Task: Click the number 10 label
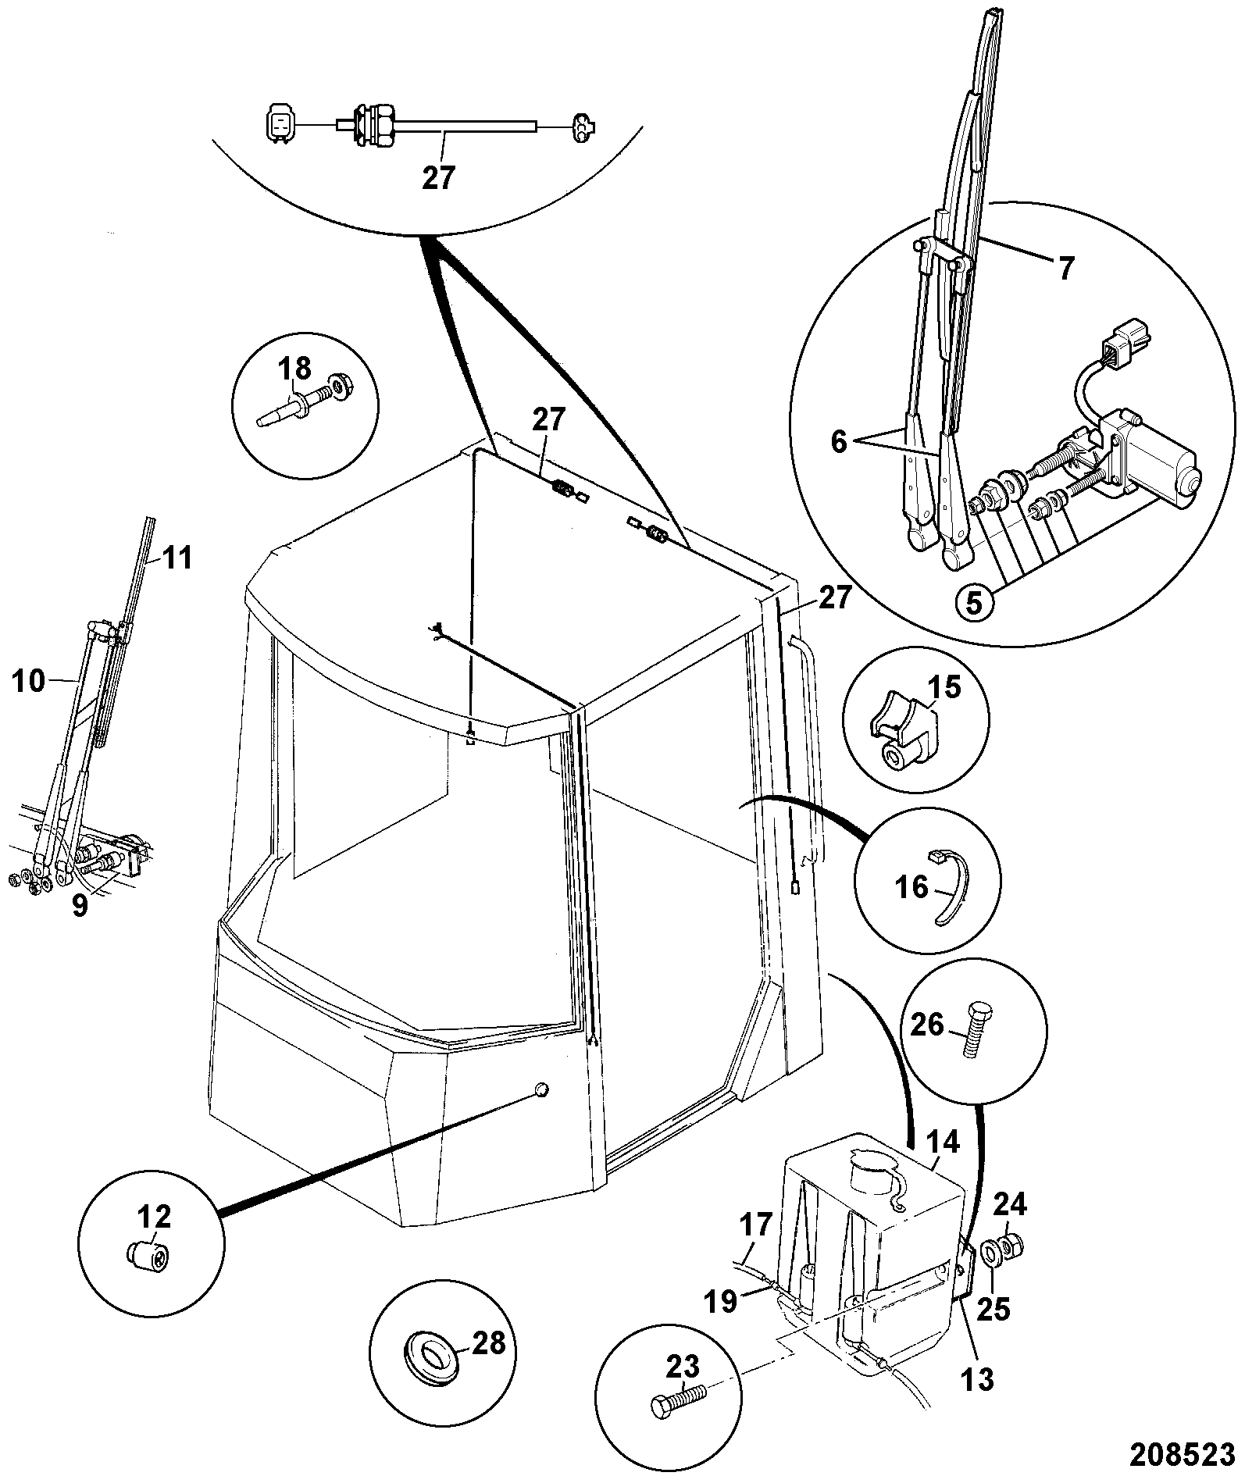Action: click(30, 681)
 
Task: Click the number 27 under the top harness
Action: click(437, 178)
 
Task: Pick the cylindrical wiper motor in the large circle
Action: click(1160, 462)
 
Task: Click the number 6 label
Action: click(838, 442)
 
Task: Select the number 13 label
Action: click(976, 1379)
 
